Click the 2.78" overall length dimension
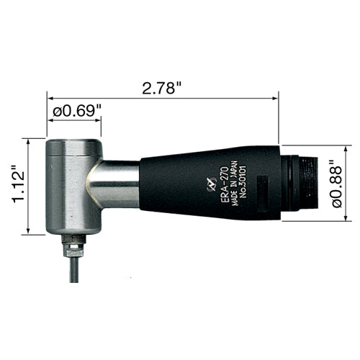click(x=161, y=89)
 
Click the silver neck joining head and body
click(x=115, y=183)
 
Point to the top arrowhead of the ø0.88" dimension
click(x=352, y=143)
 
